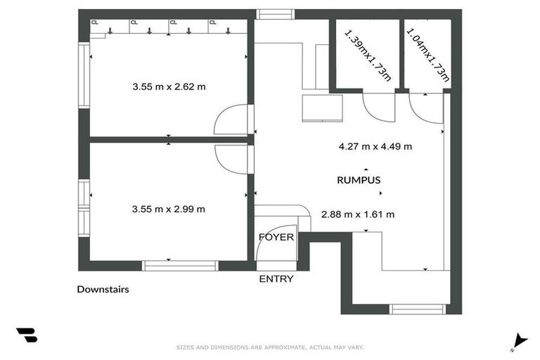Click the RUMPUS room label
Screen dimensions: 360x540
pyautogui.click(x=359, y=180)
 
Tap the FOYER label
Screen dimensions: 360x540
pyautogui.click(x=276, y=237)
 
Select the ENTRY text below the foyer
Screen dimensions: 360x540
pyautogui.click(x=276, y=278)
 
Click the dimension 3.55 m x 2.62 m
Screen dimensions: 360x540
pyautogui.click(x=169, y=87)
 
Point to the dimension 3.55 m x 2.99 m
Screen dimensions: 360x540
pyautogui.click(x=169, y=209)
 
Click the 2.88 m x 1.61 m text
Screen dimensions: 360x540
pyautogui.click(x=357, y=214)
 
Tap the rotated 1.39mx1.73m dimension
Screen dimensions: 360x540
pyautogui.click(x=367, y=53)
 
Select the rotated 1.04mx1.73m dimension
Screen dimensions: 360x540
pyautogui.click(x=427, y=53)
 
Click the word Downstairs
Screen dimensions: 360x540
pyautogui.click(x=103, y=289)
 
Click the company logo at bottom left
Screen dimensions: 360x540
pyautogui.click(x=27, y=335)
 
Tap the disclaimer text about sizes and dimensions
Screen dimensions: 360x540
pyautogui.click(x=269, y=347)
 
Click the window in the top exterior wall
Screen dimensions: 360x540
pyautogui.click(x=275, y=13)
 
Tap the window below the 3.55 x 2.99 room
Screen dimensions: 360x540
pyautogui.click(x=180, y=266)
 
